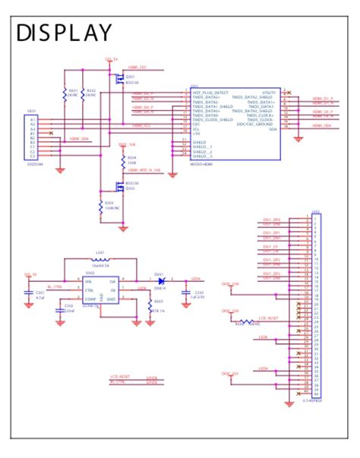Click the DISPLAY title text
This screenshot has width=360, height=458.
pyautogui.click(x=64, y=33)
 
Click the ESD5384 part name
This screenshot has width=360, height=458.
pyautogui.click(x=36, y=163)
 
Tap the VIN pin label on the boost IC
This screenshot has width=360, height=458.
pyautogui.click(x=88, y=281)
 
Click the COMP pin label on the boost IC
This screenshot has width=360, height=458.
pyautogui.click(x=90, y=299)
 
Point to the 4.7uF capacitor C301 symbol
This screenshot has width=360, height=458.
pyautogui.click(x=30, y=292)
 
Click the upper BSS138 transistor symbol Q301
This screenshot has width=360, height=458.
pyautogui.click(x=118, y=78)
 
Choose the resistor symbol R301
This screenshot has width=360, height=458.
pyautogui.click(x=65, y=94)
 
